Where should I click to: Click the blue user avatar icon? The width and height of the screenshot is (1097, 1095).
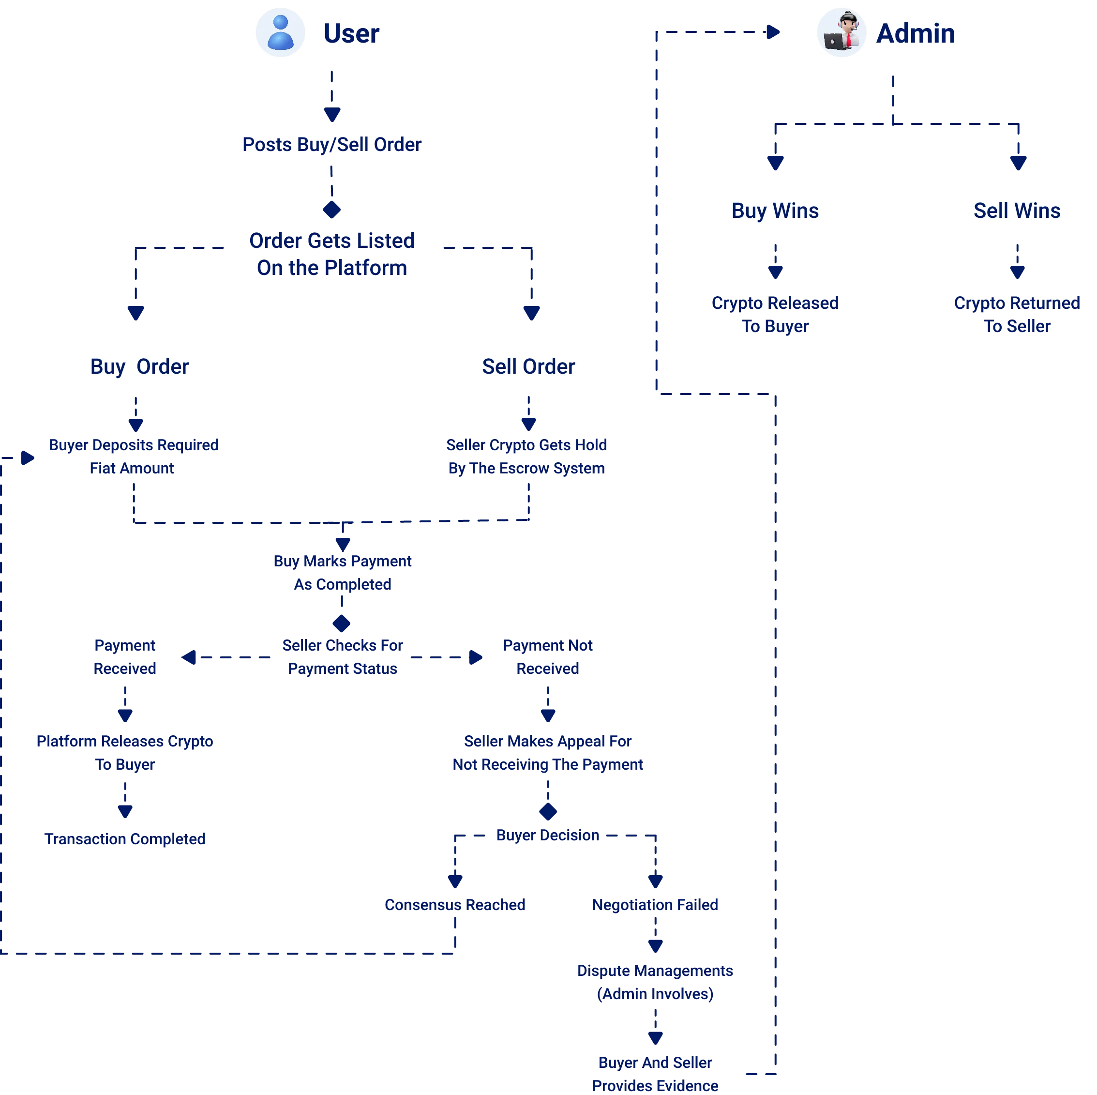coord(281,32)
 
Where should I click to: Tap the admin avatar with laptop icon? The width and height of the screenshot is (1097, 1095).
coord(841,32)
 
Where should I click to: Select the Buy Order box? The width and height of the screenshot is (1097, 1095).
coord(140,366)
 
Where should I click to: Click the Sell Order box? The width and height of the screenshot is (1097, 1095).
coord(528,366)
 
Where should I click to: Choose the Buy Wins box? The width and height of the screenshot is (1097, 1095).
coord(775,211)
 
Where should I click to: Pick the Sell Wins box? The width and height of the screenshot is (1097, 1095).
coord(1016,211)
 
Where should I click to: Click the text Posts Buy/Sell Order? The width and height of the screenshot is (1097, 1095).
coord(331,144)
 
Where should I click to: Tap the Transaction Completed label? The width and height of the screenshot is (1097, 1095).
coord(125,839)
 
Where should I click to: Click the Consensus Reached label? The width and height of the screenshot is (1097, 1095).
coord(454,904)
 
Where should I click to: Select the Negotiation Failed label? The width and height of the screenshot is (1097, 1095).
coord(655,904)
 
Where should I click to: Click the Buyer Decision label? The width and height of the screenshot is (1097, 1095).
coord(547,835)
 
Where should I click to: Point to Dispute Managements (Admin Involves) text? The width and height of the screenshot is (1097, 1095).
coord(655,982)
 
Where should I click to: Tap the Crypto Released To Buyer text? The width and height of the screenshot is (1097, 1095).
coord(775,314)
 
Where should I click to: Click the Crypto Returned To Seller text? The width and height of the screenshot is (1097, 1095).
coord(1016,314)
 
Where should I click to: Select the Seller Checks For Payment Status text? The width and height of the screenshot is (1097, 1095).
coord(343,656)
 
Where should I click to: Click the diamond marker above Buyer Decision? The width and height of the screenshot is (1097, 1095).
coord(547,811)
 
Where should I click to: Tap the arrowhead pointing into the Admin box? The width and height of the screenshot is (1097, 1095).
coord(773,32)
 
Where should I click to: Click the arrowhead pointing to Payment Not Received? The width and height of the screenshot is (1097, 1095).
coord(476,657)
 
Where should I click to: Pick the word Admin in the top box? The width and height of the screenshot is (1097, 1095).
coord(916,33)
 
